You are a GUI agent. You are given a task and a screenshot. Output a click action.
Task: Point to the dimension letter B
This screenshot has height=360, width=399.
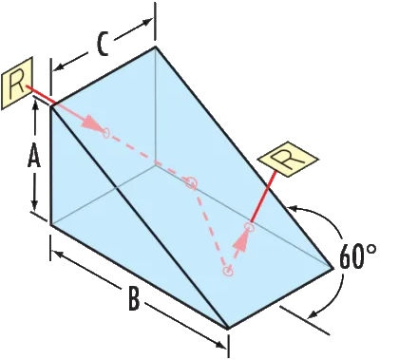(135, 302)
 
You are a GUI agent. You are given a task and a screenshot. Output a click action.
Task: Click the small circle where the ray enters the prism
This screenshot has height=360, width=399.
(106, 132)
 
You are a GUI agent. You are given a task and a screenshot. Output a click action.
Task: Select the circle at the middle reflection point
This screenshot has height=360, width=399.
(191, 182)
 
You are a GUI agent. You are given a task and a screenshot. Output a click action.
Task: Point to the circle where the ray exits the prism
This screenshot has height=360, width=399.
(250, 226)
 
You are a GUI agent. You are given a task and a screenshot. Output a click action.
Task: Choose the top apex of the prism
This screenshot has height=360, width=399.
(155, 48)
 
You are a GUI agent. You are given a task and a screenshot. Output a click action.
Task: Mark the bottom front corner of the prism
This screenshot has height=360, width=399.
(228, 328)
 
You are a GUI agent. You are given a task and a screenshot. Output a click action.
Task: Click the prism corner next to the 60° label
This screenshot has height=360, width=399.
(332, 269)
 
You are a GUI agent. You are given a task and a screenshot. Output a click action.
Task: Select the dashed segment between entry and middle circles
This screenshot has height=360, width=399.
(148, 158)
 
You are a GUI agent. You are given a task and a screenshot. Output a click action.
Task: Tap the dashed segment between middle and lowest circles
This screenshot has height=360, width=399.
(209, 227)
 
